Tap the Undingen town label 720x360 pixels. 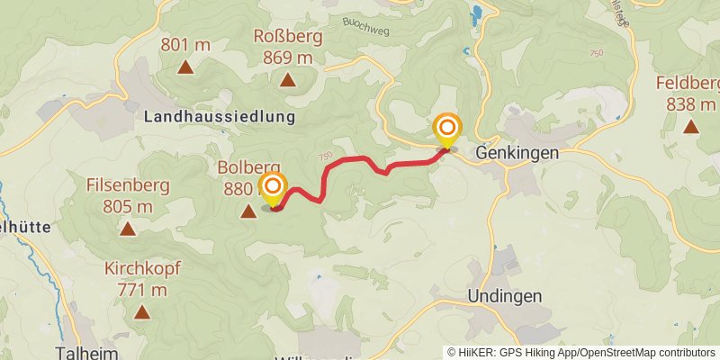503,297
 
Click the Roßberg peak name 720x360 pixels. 288,40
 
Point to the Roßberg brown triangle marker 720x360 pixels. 288,80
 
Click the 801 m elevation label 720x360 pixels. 185,43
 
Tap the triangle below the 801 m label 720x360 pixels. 185,67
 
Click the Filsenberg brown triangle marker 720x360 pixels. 129,229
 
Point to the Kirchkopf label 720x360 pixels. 141,268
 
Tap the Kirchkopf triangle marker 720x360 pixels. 141,312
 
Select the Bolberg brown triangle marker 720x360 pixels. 247,211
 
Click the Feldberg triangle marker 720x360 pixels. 691,126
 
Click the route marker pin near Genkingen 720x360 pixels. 447,130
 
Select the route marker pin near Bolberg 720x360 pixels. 272,189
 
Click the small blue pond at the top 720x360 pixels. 474,13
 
